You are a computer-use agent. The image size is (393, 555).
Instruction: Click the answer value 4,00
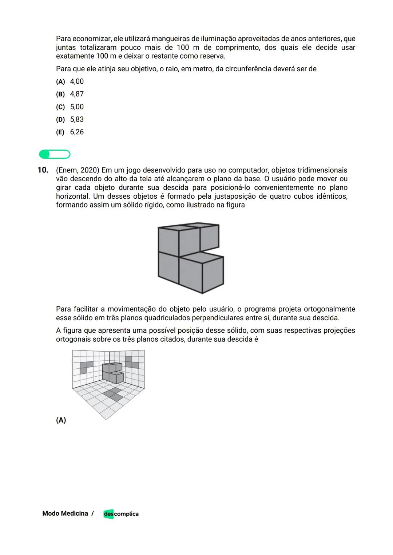point(77,82)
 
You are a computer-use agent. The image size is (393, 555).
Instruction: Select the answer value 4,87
point(77,94)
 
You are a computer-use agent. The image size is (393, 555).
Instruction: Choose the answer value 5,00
point(77,107)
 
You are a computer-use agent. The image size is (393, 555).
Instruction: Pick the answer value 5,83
point(77,119)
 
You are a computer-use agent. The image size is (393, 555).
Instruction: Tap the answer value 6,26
point(77,132)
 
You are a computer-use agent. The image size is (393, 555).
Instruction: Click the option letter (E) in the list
point(60,132)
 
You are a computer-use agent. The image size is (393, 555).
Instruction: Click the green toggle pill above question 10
point(55,154)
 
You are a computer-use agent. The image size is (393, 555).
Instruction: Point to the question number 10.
point(43,170)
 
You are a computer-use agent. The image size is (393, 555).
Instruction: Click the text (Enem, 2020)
point(78,170)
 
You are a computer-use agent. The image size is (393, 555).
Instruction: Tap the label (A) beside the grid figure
point(61,420)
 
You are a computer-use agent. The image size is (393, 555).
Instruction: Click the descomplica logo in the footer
point(121,514)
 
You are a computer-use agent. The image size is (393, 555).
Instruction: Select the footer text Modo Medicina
point(65,514)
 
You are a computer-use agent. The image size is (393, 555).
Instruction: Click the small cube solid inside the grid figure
point(112,373)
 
